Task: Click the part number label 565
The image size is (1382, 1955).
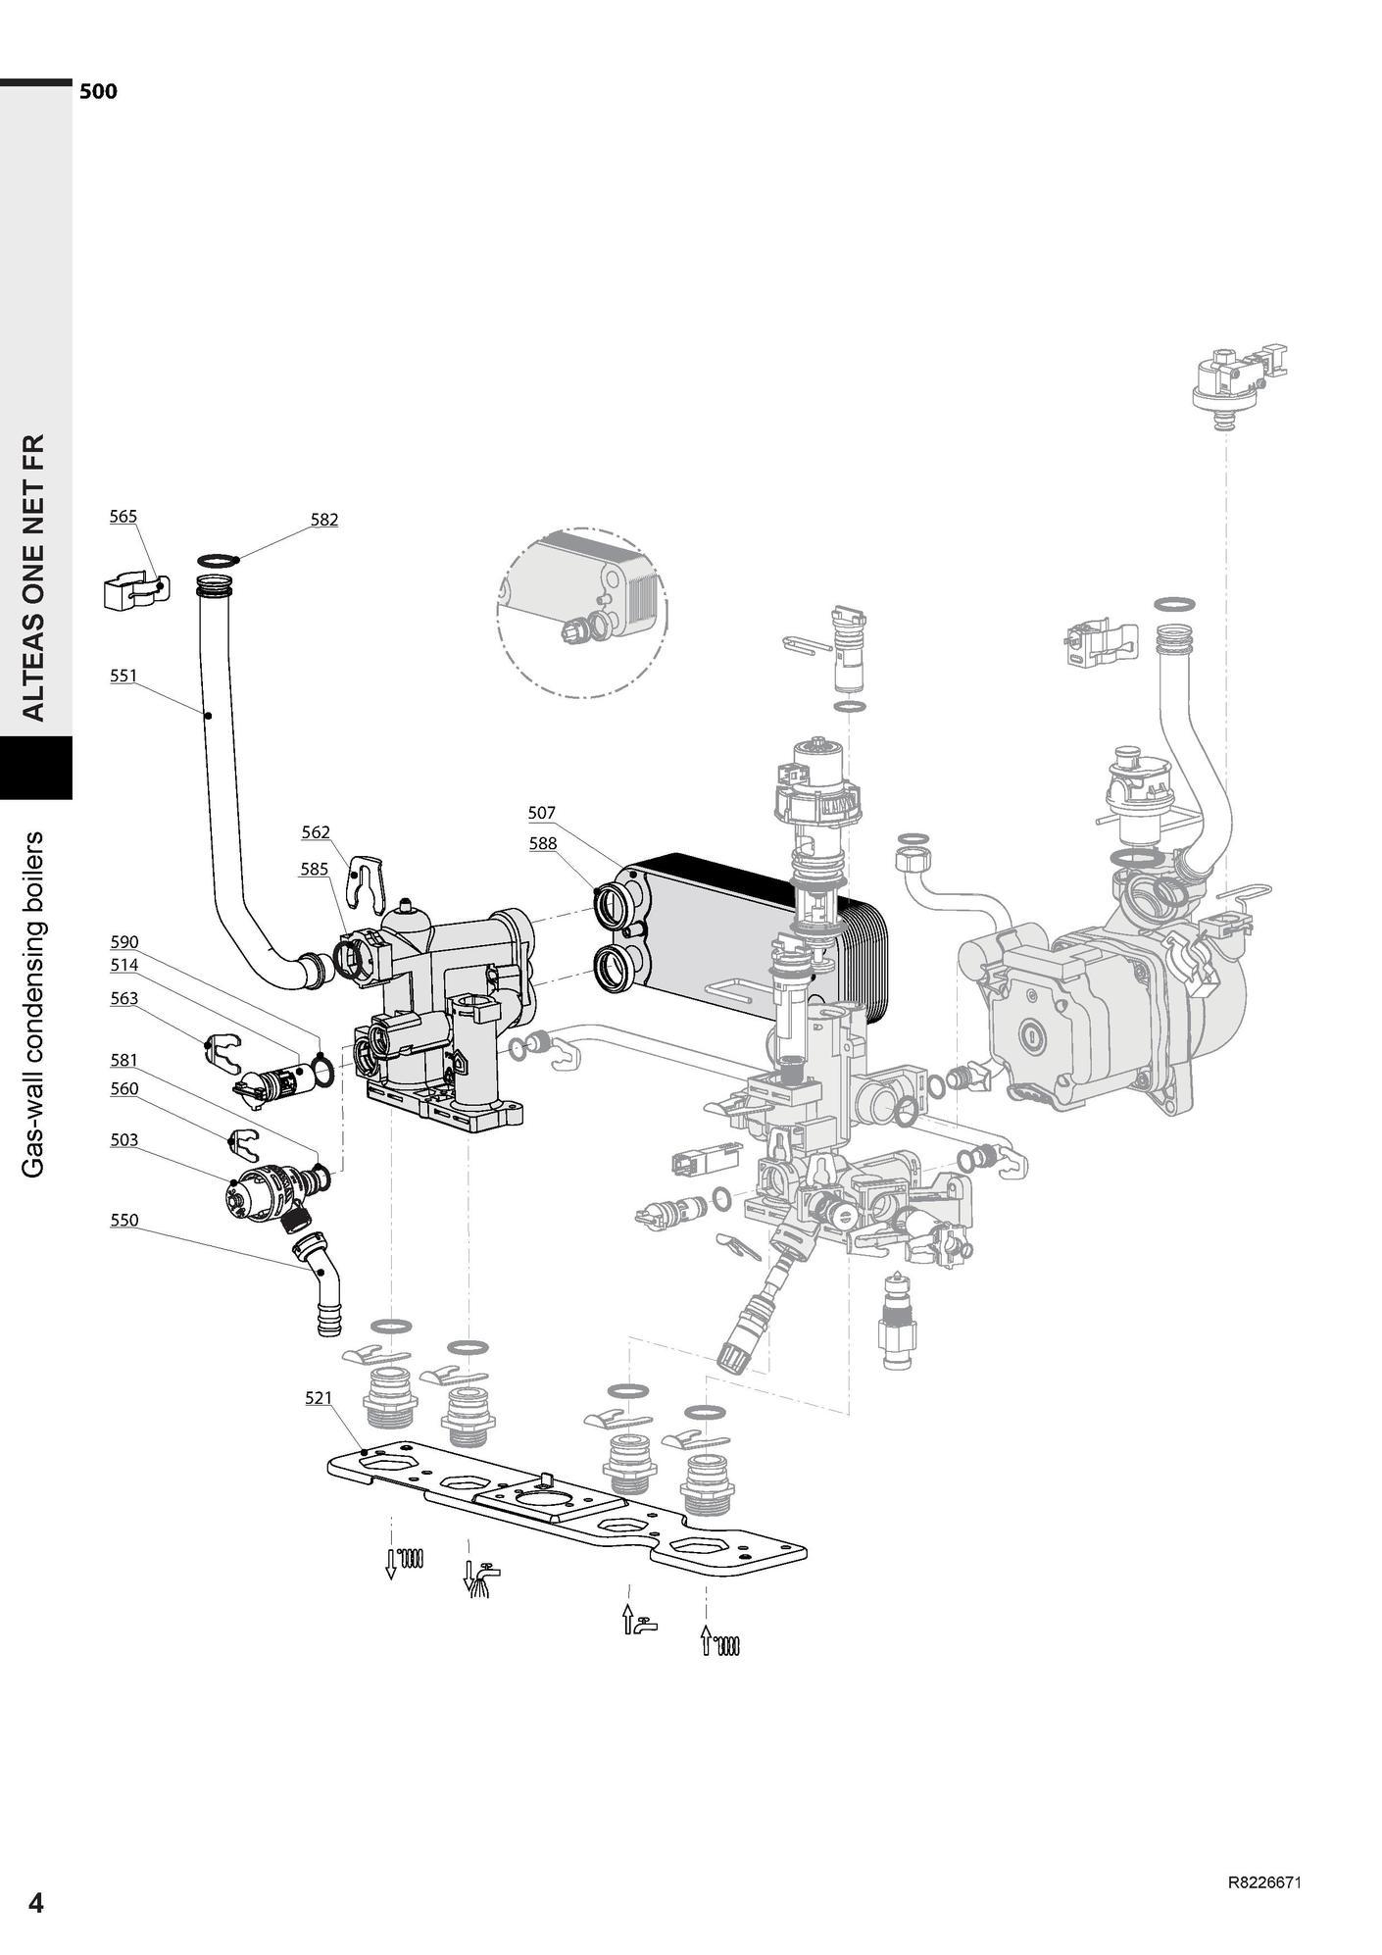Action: tap(123, 517)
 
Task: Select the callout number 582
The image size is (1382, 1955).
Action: tap(324, 520)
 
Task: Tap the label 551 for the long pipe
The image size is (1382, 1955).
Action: tap(123, 676)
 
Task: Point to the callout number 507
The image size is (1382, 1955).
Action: tap(541, 813)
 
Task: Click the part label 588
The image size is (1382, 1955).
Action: tap(542, 843)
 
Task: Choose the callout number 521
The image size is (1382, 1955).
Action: tap(319, 1398)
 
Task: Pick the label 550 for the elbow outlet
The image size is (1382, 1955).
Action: tap(124, 1221)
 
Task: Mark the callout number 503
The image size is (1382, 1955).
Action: tap(124, 1140)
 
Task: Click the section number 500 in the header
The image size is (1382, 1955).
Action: tap(98, 91)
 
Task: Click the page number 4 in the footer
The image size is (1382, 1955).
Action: tap(36, 1903)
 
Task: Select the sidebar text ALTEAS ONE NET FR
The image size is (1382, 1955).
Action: tap(34, 577)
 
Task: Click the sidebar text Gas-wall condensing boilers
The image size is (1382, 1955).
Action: tap(34, 1004)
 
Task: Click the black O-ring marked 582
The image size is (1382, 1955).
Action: tap(218, 561)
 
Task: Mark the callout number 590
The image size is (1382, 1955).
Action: tap(123, 942)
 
